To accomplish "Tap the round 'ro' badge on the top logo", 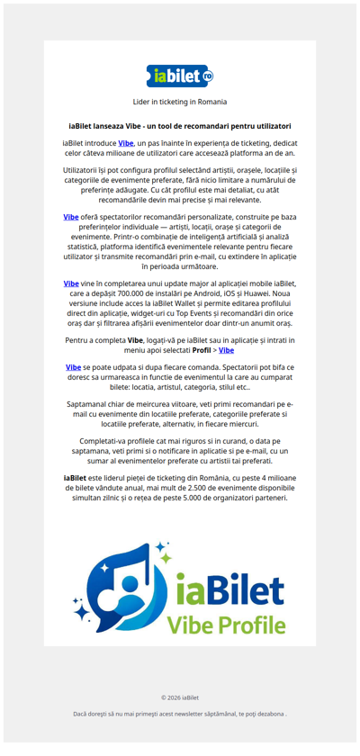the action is click(x=208, y=77).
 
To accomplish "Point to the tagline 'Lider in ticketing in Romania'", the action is click(x=180, y=103).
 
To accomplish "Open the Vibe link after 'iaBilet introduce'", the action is click(x=126, y=144).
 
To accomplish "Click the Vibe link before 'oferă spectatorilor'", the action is click(x=71, y=217).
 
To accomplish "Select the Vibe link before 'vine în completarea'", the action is click(x=71, y=283).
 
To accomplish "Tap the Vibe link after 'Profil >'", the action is click(x=226, y=350).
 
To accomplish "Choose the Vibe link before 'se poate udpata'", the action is click(x=74, y=367).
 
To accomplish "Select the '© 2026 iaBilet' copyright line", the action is click(x=180, y=697).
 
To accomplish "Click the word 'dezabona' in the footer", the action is click(x=271, y=714).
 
